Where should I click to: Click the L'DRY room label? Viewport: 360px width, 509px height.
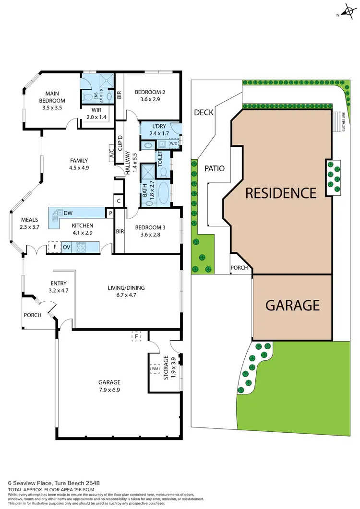click(156, 126)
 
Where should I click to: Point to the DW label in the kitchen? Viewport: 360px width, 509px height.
click(68, 213)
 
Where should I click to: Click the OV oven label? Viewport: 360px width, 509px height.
click(66, 247)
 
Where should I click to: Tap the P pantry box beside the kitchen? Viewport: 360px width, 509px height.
click(110, 213)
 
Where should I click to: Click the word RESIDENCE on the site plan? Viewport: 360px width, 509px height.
click(281, 193)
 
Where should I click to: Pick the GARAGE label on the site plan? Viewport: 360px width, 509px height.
click(292, 305)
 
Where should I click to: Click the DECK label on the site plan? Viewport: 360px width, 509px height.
click(204, 113)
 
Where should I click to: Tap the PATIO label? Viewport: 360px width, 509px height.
click(215, 168)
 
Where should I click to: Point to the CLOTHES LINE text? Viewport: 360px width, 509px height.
click(344, 122)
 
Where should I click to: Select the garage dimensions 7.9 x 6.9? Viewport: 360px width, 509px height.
click(110, 390)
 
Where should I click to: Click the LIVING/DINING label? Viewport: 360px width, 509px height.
click(126, 288)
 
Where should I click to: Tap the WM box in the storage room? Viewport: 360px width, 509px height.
click(155, 368)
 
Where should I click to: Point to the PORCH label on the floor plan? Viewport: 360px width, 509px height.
click(33, 315)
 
